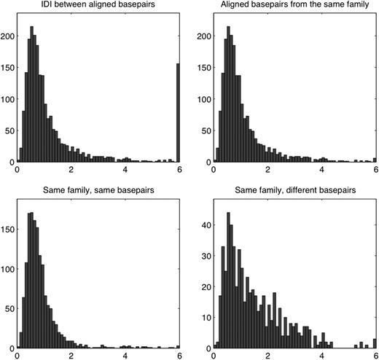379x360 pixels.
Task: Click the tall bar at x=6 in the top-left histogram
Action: point(178,113)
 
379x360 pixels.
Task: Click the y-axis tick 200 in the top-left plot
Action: point(7,35)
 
